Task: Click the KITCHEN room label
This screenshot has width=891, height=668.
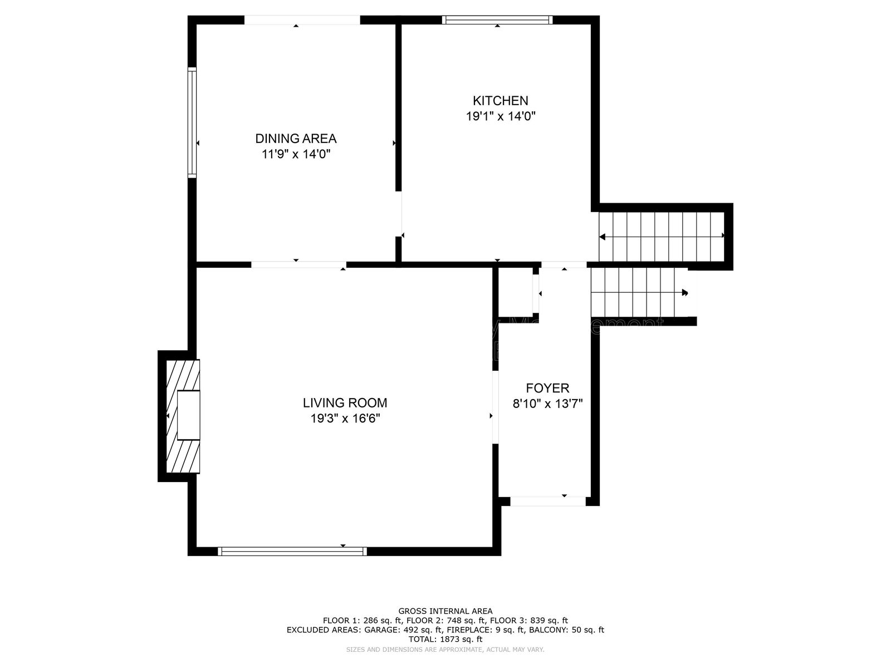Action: [x=500, y=101]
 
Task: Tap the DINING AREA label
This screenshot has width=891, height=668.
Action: [x=296, y=139]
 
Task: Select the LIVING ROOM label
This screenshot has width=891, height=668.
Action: [x=345, y=402]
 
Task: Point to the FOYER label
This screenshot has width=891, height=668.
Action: [x=547, y=388]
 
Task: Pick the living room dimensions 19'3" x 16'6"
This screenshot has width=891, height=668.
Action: [x=345, y=419]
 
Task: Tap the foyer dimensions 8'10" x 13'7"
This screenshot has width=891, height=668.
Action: [x=547, y=404]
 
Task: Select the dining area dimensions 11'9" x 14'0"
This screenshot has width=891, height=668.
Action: [x=296, y=154]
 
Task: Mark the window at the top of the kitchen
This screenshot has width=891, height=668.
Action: [x=497, y=20]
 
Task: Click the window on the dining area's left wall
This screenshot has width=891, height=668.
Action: [x=192, y=122]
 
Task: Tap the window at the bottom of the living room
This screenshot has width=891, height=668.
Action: [x=292, y=551]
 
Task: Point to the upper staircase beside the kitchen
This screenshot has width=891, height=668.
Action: [x=661, y=237]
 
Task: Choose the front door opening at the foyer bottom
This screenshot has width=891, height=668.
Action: [x=548, y=501]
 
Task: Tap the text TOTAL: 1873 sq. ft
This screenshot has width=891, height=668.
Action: [x=445, y=640]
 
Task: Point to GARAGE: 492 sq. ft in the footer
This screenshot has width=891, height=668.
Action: [x=404, y=630]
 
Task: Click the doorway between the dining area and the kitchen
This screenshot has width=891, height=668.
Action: [x=399, y=214]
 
